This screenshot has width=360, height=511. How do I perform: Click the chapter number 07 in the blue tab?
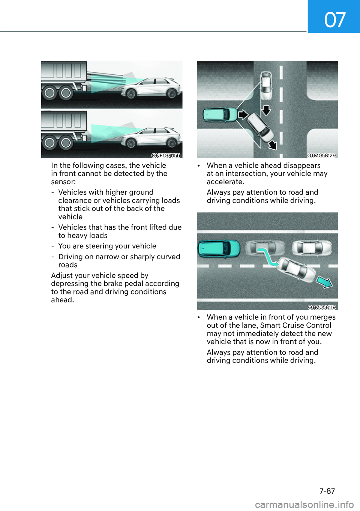(x=334, y=20)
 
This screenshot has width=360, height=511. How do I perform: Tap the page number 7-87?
(x=327, y=491)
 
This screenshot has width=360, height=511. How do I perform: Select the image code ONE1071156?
(x=166, y=155)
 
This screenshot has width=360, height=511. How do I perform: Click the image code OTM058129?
(x=321, y=155)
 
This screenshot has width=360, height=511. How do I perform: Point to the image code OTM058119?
(x=322, y=307)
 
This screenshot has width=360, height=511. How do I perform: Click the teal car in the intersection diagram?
(x=220, y=115)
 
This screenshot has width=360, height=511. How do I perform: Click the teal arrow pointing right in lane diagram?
(x=324, y=281)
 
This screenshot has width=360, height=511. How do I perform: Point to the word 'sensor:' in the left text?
(x=63, y=182)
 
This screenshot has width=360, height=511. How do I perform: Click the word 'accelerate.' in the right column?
(x=225, y=182)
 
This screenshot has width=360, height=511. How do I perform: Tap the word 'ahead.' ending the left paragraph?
(x=63, y=300)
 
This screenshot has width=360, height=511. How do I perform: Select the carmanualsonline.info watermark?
(x=304, y=505)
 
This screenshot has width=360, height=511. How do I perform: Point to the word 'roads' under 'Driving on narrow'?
(x=68, y=265)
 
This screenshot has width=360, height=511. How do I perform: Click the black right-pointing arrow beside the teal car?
(x=243, y=114)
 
